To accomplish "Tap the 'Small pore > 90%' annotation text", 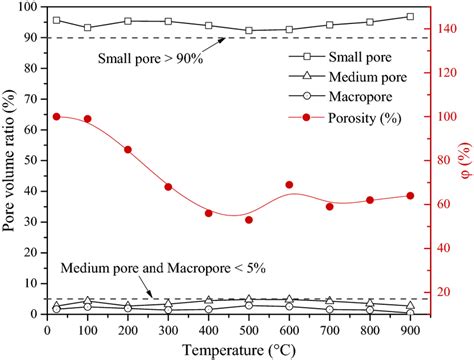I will click(150, 60).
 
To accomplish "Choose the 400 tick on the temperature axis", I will click(209, 327).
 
